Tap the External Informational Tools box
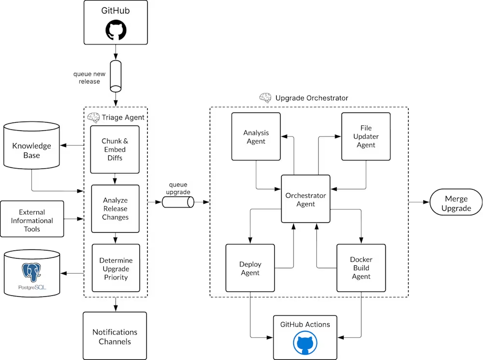coord(32,220)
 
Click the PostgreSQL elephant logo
coord(32,272)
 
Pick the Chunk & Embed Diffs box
coord(115,149)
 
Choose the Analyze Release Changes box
coord(115,208)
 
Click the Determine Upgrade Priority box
coord(115,268)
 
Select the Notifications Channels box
coord(114,336)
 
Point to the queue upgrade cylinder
coord(178,202)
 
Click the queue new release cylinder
coord(115,76)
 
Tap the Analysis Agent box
coord(256,137)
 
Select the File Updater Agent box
coord(366,137)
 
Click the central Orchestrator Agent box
coord(306,199)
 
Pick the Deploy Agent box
coord(250,268)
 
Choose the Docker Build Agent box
coord(361,268)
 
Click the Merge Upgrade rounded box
coord(456,203)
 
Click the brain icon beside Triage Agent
coord(93,117)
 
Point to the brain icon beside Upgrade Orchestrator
coord(265,97)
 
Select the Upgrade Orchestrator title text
coord(312,98)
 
